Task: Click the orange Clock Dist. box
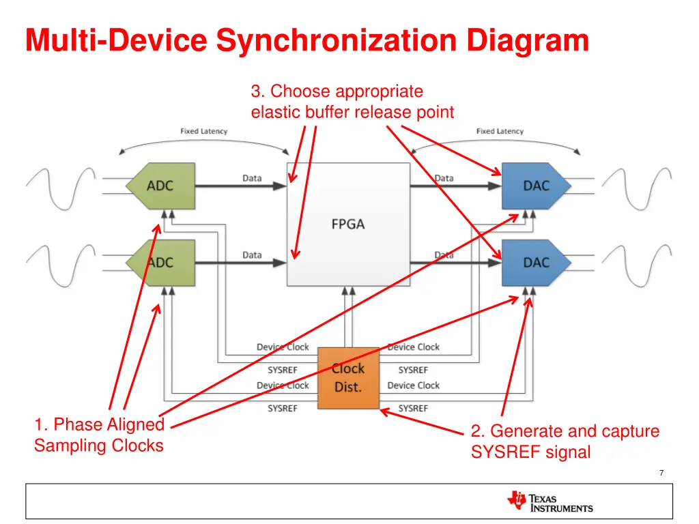click(348, 378)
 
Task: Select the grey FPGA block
click(348, 224)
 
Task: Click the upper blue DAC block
click(534, 185)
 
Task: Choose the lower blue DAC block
click(534, 262)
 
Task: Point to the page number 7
click(661, 473)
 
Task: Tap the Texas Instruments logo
click(550, 502)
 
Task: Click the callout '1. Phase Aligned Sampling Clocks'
click(99, 435)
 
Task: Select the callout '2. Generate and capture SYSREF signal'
click(565, 441)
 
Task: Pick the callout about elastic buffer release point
click(352, 102)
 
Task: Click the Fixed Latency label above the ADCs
click(203, 131)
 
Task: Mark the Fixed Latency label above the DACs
click(500, 131)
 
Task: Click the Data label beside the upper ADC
click(252, 178)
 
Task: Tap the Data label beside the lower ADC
click(252, 255)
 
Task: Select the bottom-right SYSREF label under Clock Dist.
click(413, 408)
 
